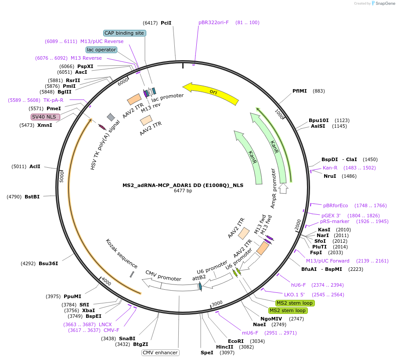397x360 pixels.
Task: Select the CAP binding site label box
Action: pos(125,33)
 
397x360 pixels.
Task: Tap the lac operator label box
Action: pos(101,50)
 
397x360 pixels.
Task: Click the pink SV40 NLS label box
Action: pos(45,117)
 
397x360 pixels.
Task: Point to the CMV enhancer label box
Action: pos(160,353)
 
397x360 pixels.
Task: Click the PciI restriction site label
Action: pos(166,22)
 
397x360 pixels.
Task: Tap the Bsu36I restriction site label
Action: pos(48,263)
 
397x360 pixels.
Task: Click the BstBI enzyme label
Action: pos(32,197)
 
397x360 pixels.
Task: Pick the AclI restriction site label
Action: pos(35,166)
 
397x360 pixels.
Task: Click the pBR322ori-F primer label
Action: pos(213,22)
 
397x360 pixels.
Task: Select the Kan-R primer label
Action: pos(330,168)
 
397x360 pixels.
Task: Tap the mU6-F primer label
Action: pos(250,333)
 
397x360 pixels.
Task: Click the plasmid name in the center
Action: pos(183,185)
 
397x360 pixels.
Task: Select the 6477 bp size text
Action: pos(183,191)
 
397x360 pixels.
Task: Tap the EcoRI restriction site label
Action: pos(235,341)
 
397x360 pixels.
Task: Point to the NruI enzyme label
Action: pos(330,176)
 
